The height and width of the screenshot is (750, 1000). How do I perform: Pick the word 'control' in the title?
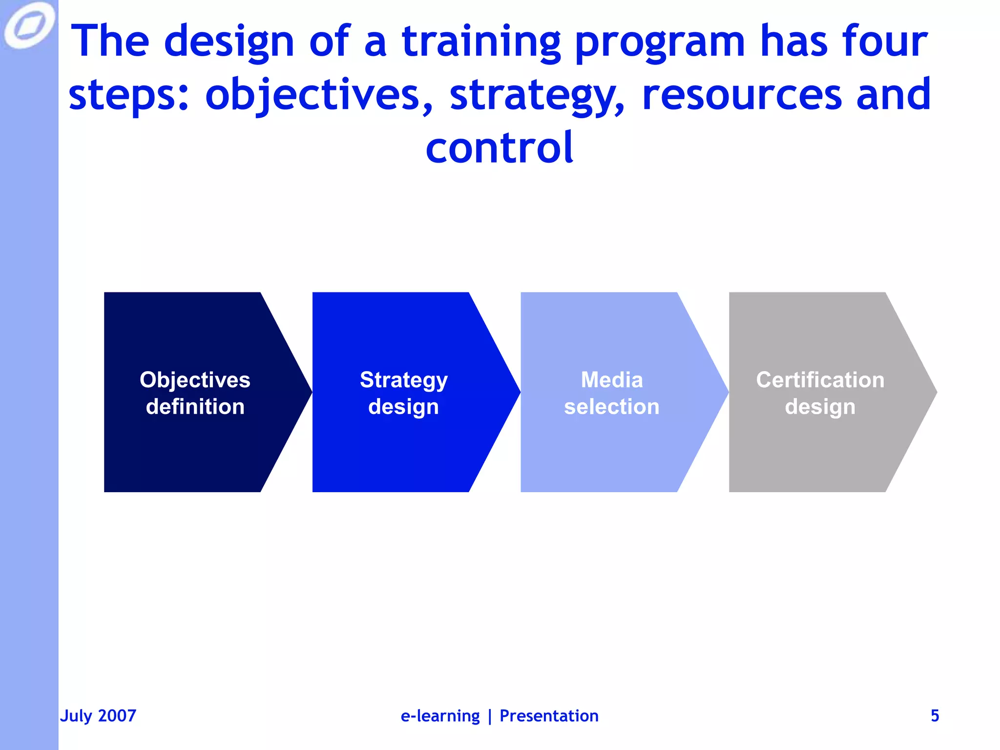pyautogui.click(x=499, y=147)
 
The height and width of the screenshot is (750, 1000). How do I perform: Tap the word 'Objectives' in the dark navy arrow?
pyautogui.click(x=195, y=380)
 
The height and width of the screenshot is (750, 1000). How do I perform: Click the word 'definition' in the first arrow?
pyautogui.click(x=195, y=407)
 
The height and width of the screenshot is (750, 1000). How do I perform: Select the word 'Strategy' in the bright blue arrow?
pyautogui.click(x=403, y=380)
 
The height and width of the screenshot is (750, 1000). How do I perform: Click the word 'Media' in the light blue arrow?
pyautogui.click(x=611, y=380)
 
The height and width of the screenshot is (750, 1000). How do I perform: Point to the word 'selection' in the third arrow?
pyautogui.click(x=611, y=407)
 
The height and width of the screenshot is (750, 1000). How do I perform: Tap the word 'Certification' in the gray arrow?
pyautogui.click(x=820, y=380)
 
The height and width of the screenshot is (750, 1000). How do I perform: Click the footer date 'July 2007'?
pyautogui.click(x=98, y=716)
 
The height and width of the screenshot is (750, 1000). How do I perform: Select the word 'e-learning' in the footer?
pyautogui.click(x=440, y=716)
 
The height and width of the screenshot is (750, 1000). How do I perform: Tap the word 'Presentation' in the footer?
pyautogui.click(x=549, y=716)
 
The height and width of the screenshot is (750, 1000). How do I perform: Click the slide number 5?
pyautogui.click(x=935, y=716)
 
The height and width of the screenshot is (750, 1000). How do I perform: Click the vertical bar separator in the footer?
pyautogui.click(x=490, y=716)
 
